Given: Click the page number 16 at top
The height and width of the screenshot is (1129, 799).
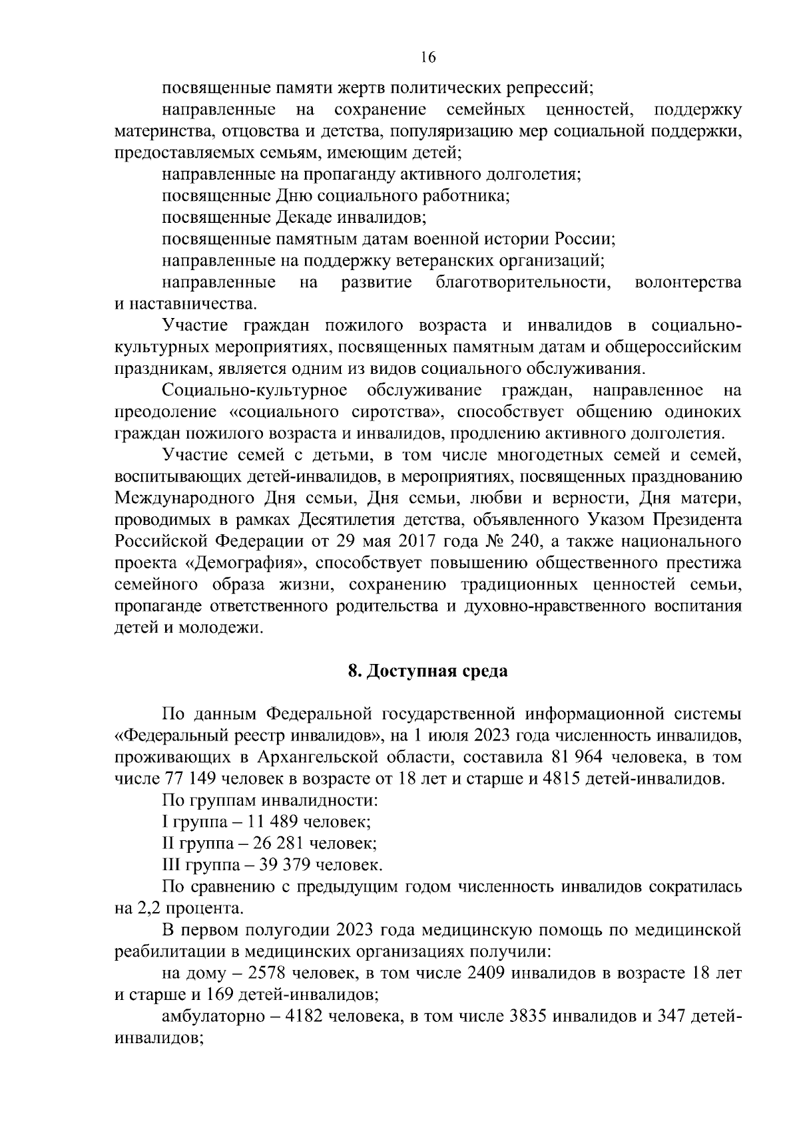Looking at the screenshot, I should (x=428, y=58).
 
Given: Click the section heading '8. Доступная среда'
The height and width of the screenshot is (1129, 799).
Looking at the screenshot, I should (x=427, y=671).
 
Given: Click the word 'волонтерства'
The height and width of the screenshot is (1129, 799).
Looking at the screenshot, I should (x=688, y=283).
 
